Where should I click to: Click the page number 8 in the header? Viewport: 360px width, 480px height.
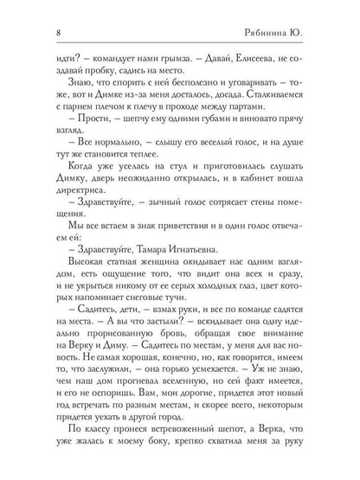click(31, 32)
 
